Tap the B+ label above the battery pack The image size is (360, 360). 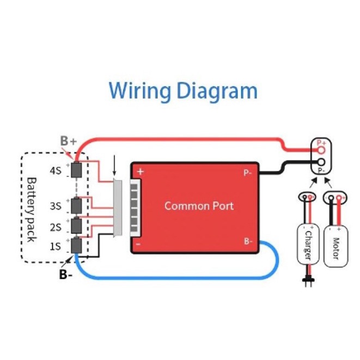(x=68, y=141)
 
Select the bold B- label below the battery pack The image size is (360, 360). (x=66, y=274)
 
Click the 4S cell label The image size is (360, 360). (x=56, y=170)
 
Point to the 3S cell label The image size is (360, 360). (x=56, y=206)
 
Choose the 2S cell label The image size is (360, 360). (x=56, y=227)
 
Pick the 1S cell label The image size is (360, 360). (x=56, y=246)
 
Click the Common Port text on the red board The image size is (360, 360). (x=199, y=206)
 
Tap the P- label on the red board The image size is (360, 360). (x=247, y=173)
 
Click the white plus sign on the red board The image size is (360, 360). (x=141, y=172)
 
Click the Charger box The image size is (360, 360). (x=307, y=240)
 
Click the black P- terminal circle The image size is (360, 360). (x=322, y=162)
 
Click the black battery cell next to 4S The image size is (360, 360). (x=77, y=170)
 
